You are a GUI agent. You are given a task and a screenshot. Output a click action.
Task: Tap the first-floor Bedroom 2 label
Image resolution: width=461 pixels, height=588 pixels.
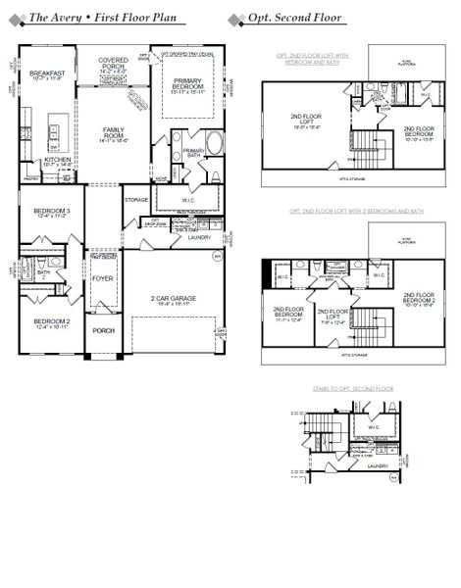click(x=51, y=322)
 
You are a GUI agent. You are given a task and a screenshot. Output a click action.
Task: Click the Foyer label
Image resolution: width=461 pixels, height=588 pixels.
click(x=103, y=278)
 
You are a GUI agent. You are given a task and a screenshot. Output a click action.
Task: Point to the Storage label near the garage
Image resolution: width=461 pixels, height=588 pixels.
click(x=136, y=200)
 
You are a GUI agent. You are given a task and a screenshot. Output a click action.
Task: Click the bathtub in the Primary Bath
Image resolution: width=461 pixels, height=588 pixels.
click(x=214, y=142)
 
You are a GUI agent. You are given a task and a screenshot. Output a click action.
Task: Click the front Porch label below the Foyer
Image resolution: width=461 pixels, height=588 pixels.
click(x=103, y=330)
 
